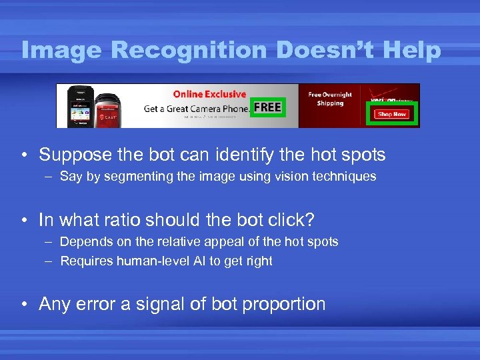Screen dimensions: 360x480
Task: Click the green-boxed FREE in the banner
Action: click(268, 107)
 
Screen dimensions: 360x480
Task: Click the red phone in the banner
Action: click(108, 111)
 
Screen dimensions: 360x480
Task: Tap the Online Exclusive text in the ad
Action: click(209, 94)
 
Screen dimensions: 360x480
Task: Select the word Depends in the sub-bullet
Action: click(83, 241)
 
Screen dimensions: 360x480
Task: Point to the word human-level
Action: click(149, 261)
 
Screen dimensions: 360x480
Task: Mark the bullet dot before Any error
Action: click(23, 305)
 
